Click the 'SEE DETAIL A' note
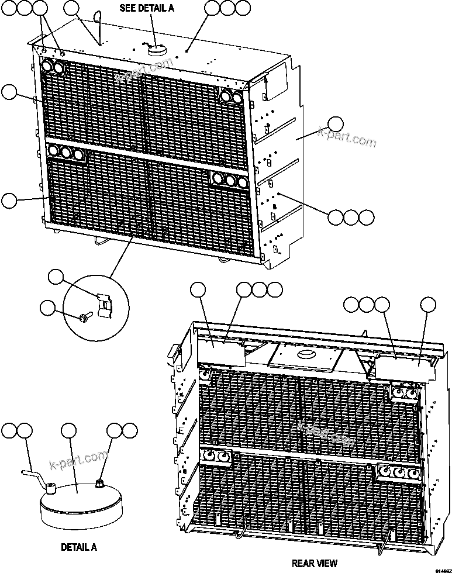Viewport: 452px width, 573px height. (147, 8)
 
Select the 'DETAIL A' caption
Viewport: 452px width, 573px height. (79, 548)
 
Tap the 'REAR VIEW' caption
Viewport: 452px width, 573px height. (315, 564)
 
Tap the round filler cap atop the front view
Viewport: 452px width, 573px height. (157, 50)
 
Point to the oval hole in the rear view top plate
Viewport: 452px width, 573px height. (306, 354)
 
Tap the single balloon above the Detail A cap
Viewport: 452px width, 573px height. (69, 432)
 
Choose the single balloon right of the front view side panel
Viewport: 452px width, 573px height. (335, 124)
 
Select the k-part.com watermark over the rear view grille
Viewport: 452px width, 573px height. (326, 433)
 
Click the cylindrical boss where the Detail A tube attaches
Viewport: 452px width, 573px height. (51, 486)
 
